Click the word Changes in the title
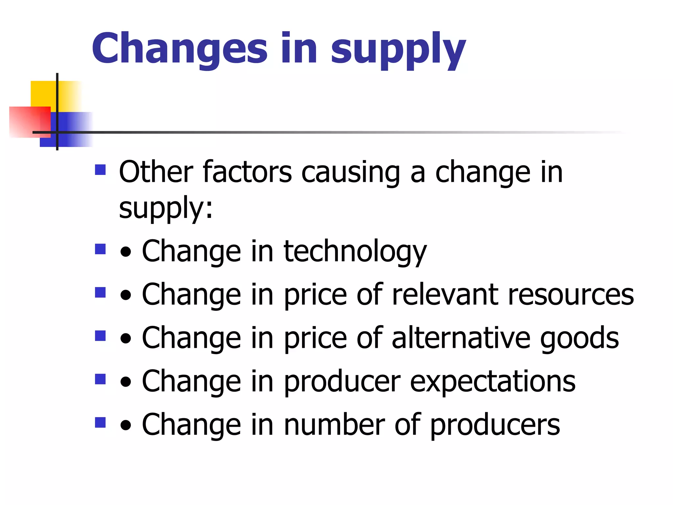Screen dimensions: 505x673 180,48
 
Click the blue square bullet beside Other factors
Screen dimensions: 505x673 100,170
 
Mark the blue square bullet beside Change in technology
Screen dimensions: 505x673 100,249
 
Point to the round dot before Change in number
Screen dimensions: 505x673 126,426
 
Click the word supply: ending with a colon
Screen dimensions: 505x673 166,209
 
